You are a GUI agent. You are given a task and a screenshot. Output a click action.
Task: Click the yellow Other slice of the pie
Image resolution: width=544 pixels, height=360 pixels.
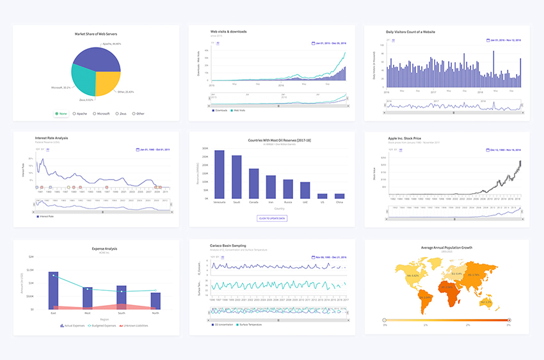(x=108, y=82)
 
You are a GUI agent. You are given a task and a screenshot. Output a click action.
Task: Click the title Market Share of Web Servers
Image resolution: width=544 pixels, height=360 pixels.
(x=96, y=33)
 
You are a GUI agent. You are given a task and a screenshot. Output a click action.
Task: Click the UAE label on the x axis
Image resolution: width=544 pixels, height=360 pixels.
(x=305, y=201)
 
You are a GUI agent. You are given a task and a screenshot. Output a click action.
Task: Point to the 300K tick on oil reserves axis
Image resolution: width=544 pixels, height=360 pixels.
(x=205, y=148)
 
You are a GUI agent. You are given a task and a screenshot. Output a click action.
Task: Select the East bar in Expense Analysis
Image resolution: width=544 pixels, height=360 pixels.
(x=53, y=290)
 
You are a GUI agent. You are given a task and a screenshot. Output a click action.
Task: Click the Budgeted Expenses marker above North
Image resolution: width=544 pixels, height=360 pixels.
(x=156, y=290)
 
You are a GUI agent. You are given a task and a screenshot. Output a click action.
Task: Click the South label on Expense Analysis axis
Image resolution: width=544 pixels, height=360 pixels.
(x=121, y=313)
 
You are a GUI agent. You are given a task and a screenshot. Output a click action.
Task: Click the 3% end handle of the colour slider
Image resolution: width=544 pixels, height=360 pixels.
(x=509, y=319)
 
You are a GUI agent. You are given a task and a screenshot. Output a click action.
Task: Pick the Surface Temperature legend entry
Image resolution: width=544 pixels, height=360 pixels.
(x=253, y=324)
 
